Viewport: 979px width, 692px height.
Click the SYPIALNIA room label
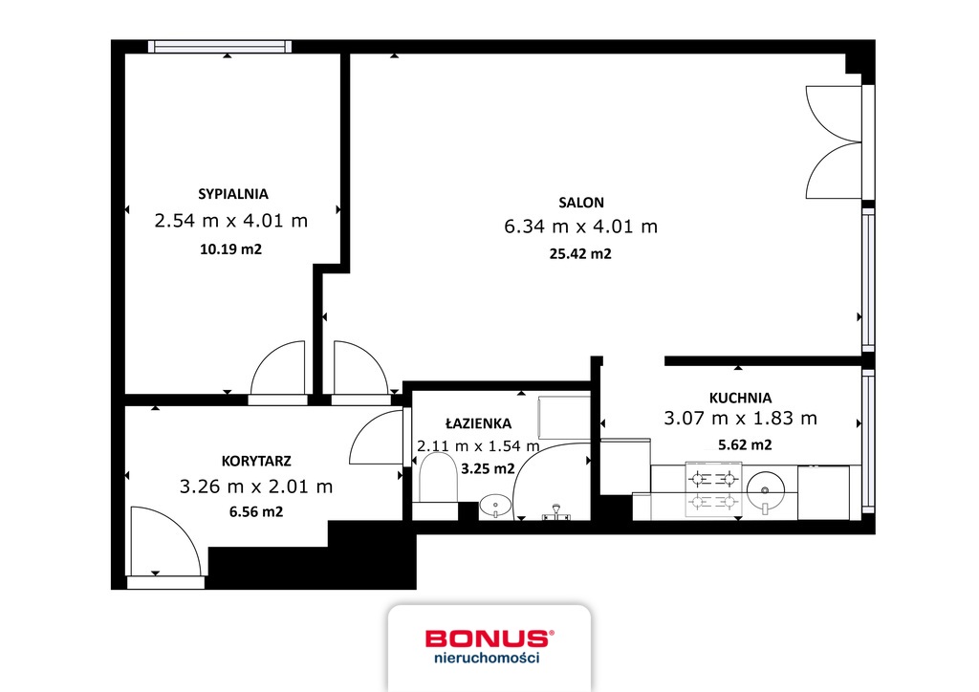coord(233,194)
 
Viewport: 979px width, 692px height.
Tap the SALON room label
coord(581,203)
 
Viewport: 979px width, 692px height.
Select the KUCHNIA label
coord(740,399)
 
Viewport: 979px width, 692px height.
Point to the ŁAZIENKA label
coord(478,423)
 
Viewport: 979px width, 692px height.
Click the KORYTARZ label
coord(256,461)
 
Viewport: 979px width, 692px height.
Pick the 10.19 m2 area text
coord(230,249)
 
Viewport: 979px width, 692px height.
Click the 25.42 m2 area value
coord(580,254)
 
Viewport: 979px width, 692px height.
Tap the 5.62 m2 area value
coord(745,444)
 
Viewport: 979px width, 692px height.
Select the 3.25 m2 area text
coord(488,468)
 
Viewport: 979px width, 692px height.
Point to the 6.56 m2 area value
coord(256,511)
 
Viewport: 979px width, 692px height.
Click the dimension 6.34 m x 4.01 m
coord(580,227)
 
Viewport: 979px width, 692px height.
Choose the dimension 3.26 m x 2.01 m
coord(256,487)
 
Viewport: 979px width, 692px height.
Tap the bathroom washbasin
coord(495,506)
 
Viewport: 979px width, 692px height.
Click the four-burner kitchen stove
coord(713,489)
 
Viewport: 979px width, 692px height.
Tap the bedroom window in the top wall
coord(220,46)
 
